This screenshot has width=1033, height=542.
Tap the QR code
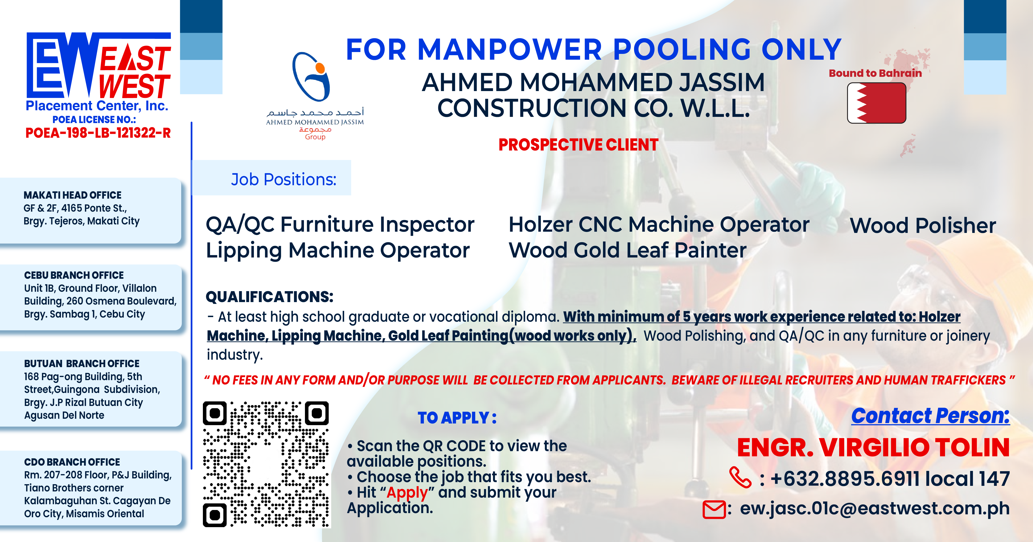tap(266, 464)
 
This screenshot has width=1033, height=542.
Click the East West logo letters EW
tap(62, 65)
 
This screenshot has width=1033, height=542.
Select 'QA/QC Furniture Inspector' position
tap(340, 224)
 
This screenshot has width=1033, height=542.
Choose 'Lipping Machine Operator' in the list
tap(338, 250)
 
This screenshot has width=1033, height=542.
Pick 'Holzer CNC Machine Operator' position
tap(659, 224)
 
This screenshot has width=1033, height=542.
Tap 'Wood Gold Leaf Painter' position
tap(628, 250)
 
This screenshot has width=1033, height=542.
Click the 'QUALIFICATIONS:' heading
tap(269, 297)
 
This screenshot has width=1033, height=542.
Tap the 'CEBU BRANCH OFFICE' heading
tap(74, 275)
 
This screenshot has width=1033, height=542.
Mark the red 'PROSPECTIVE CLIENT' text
tap(578, 145)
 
